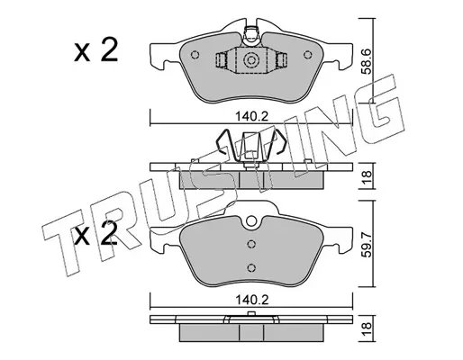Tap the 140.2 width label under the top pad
point(251,116)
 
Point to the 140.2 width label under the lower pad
point(251,300)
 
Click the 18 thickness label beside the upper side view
point(367,175)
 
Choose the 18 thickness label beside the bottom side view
point(367,328)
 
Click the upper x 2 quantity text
point(95,50)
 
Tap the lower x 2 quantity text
point(95,233)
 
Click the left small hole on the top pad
point(195,55)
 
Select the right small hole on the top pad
point(307,55)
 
